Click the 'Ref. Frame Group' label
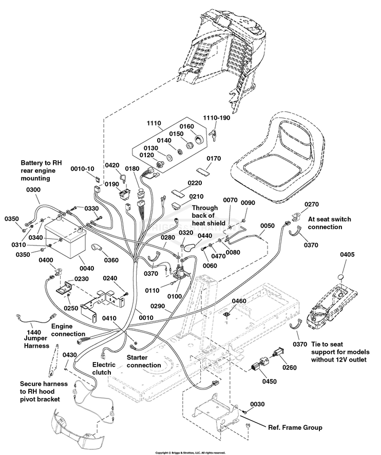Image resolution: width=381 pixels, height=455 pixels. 295,427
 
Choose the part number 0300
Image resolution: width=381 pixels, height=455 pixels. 33,189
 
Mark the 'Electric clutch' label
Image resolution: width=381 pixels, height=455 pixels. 107,368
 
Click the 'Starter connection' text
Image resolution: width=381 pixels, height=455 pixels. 144,361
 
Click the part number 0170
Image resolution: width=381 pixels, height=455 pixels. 213,159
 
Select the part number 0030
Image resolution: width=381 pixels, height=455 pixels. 259,404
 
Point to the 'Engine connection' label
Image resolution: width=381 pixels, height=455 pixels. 68,330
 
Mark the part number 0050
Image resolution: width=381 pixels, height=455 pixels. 268,225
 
